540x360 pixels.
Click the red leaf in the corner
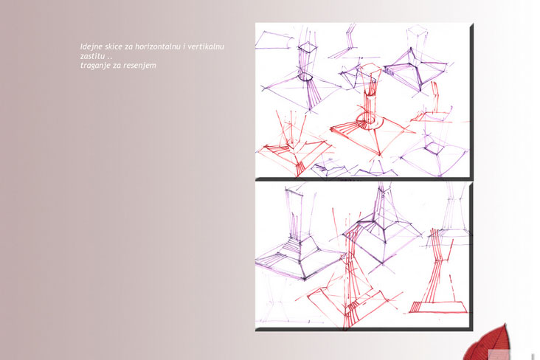(486, 345)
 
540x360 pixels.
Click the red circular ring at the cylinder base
(369, 121)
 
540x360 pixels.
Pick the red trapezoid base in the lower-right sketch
(437, 308)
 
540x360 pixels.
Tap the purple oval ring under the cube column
(305, 77)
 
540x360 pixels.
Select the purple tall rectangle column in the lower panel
(294, 213)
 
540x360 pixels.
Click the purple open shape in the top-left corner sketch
(274, 41)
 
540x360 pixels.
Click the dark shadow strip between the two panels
(364, 179)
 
